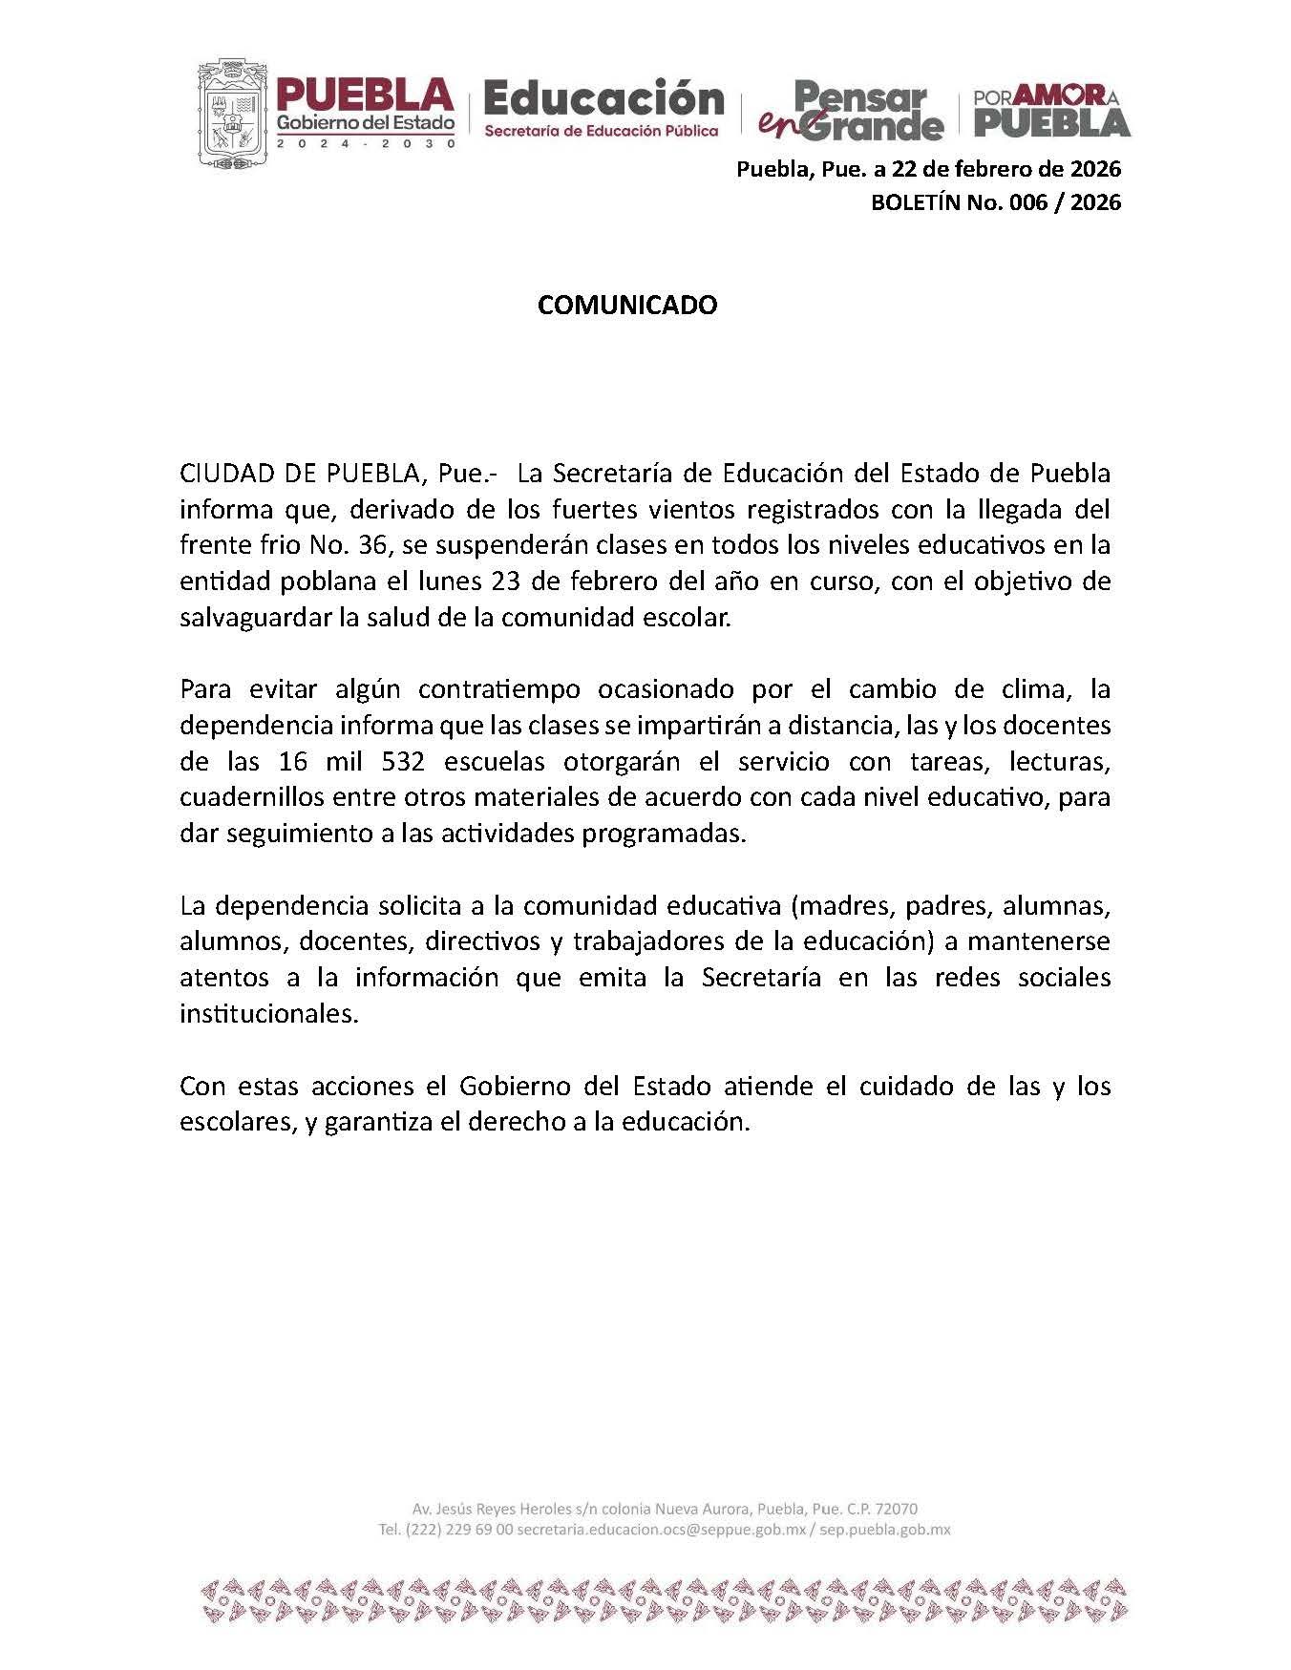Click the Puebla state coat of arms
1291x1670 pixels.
coord(232,113)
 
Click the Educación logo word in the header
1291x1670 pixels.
coord(603,98)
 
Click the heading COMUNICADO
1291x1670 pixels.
coord(627,305)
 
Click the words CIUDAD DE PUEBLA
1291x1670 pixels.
coord(301,474)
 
